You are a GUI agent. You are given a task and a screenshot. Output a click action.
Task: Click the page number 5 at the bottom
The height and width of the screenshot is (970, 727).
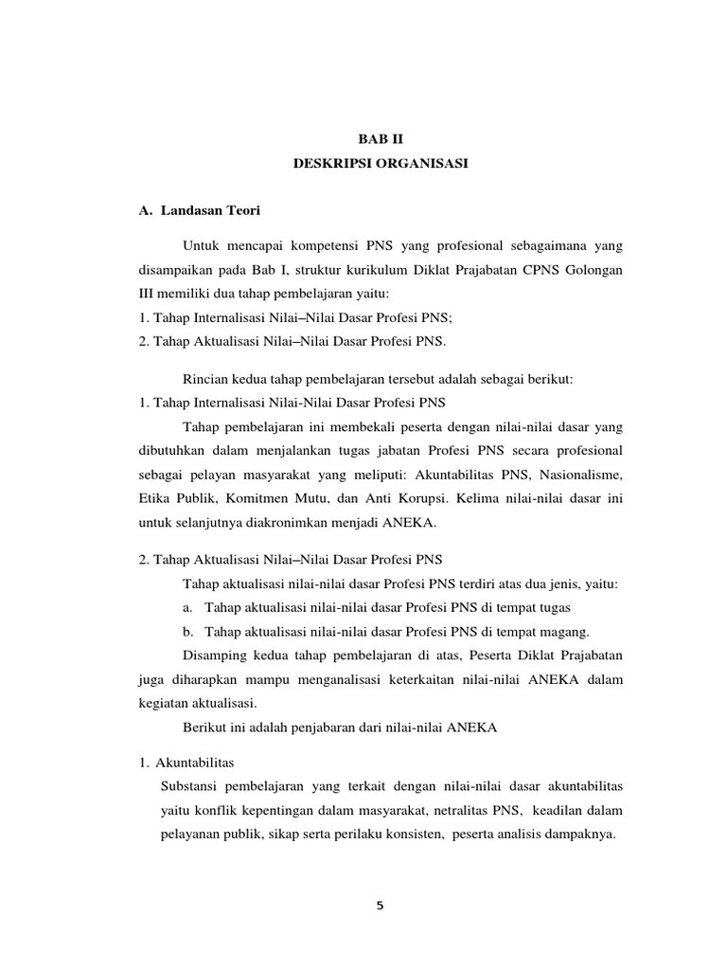380,905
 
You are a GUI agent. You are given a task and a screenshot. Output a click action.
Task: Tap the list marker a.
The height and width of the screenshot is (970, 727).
189,606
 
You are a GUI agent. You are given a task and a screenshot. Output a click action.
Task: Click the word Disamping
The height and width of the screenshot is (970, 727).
218,655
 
